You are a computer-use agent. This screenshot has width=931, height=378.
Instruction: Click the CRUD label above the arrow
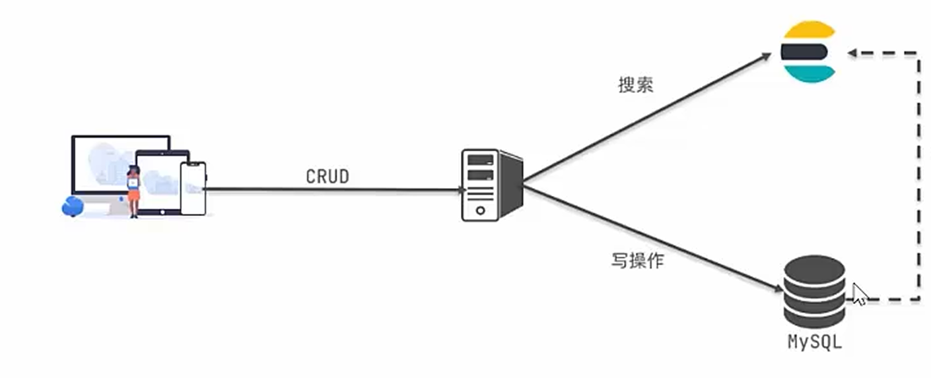(327, 177)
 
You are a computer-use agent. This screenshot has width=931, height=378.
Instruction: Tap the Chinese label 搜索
(636, 86)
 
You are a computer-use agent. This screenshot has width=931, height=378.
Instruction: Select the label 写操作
(637, 261)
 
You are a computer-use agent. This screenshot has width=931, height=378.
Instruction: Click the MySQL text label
(815, 342)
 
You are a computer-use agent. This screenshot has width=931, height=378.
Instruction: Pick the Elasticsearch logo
(808, 51)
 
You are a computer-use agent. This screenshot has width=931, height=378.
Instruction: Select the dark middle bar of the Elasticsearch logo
(804, 51)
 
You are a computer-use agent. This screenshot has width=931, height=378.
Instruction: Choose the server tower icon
(490, 185)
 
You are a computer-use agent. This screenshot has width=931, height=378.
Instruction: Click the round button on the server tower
(480, 211)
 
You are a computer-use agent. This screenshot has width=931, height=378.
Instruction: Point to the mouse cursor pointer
(858, 294)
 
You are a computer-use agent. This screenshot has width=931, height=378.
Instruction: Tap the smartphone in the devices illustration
(193, 188)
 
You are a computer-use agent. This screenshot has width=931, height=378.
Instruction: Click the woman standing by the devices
(133, 191)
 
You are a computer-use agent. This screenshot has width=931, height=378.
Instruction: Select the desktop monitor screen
(112, 162)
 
